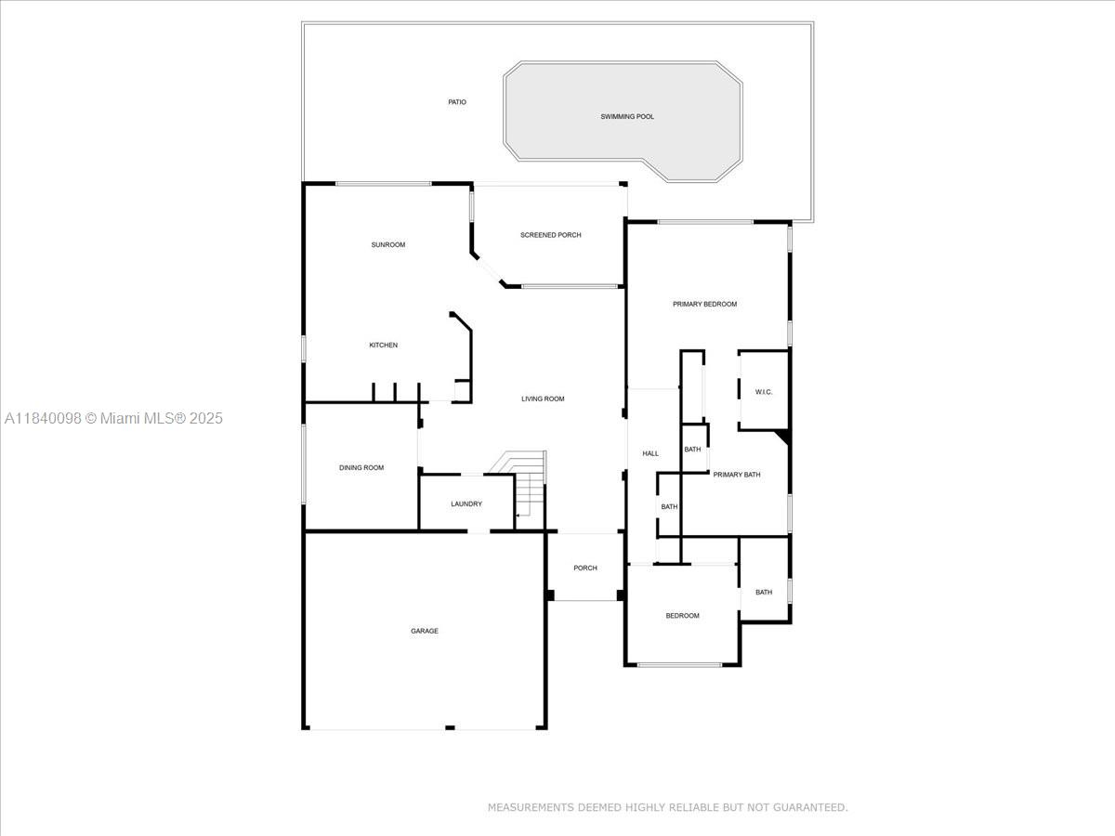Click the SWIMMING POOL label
(627, 117)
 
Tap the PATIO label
(457, 102)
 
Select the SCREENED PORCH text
(551, 235)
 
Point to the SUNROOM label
(388, 244)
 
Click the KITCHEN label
(384, 346)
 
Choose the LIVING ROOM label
(543, 399)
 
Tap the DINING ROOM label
(361, 467)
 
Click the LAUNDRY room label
(466, 504)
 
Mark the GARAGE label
(425, 631)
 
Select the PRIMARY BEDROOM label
(704, 304)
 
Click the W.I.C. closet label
(764, 392)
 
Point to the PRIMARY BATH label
(737, 475)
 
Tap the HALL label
(650, 454)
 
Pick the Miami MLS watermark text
(113, 418)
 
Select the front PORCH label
(585, 568)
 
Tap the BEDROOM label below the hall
(682, 616)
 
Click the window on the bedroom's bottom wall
(679, 664)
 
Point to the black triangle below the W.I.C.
(784, 436)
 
